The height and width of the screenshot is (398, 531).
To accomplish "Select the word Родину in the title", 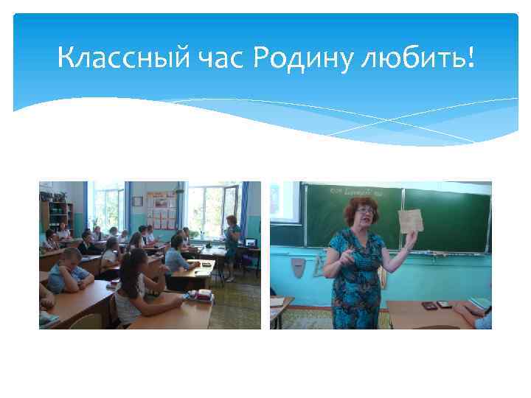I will pos(302,57).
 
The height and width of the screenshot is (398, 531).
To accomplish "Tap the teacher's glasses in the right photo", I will pos(364,211).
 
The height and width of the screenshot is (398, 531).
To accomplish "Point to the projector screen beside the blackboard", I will pos(285,200).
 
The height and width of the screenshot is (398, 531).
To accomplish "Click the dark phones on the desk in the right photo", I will pos(437,303).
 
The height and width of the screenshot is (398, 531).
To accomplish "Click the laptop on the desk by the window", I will pos(249,241).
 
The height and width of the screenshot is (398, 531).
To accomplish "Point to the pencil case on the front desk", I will pos(195,296).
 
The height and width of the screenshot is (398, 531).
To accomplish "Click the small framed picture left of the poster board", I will pos(136,200).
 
